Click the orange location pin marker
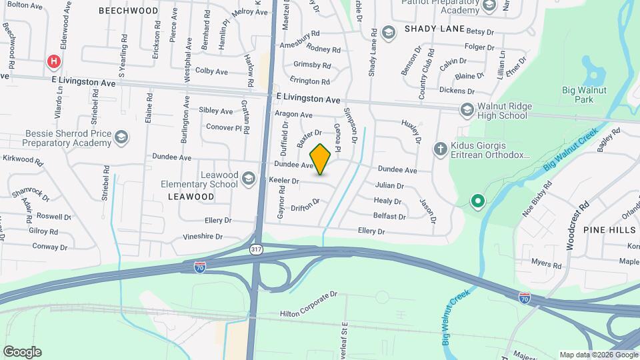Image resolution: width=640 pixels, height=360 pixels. pyautogui.click(x=321, y=159)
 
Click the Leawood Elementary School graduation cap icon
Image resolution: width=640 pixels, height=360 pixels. pyautogui.click(x=249, y=177)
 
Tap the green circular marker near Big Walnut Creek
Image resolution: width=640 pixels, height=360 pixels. pyautogui.click(x=477, y=201)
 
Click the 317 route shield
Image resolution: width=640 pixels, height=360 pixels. pyautogui.click(x=255, y=249)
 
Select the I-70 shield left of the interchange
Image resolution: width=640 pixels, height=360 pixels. pyautogui.click(x=199, y=267)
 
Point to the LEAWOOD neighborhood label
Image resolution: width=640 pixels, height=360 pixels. pyautogui.click(x=191, y=197)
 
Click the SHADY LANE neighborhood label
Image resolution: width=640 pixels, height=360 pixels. pyautogui.click(x=433, y=29)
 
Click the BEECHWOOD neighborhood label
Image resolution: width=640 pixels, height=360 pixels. pyautogui.click(x=128, y=11)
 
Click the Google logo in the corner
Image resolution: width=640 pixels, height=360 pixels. pyautogui.click(x=22, y=351)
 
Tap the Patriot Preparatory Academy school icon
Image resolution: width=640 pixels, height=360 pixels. pyautogui.click(x=489, y=6)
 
